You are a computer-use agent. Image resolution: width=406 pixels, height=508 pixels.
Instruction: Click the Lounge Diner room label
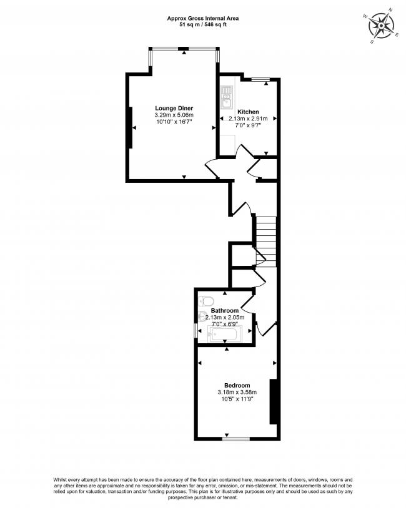click(x=174, y=108)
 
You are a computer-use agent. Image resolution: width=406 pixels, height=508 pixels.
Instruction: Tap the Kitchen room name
click(x=248, y=112)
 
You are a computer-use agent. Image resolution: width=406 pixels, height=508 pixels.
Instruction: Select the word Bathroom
click(x=224, y=310)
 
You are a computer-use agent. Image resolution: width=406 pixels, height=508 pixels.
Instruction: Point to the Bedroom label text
click(x=237, y=385)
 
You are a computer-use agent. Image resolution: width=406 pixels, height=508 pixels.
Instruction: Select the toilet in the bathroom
click(x=209, y=299)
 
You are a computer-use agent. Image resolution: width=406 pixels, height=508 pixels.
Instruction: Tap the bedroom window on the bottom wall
click(x=235, y=439)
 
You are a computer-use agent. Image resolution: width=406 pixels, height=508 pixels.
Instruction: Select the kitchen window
click(x=260, y=79)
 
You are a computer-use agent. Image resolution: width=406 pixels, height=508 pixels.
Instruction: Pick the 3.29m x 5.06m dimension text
click(x=174, y=115)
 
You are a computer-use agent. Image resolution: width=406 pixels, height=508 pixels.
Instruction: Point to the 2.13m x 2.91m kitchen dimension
click(x=248, y=119)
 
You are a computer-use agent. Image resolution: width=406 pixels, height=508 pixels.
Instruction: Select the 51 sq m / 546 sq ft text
click(x=202, y=26)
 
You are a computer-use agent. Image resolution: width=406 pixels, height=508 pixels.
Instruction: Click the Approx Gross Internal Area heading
click(x=202, y=19)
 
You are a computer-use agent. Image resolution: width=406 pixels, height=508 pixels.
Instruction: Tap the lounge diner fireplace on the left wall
click(x=129, y=128)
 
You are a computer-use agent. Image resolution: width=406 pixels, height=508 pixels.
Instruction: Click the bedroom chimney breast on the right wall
click(x=272, y=401)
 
